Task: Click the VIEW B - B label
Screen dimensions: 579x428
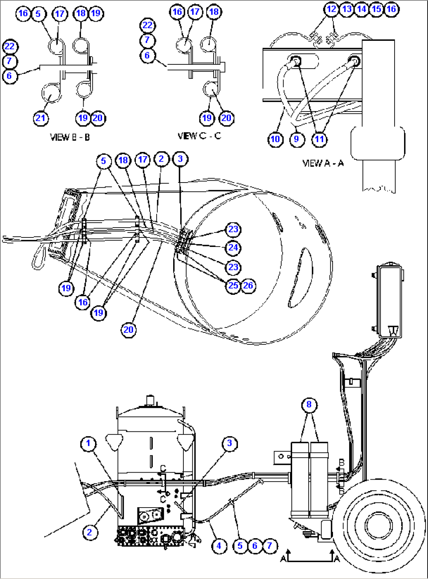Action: point(70,137)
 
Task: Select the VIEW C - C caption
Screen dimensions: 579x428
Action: point(199,136)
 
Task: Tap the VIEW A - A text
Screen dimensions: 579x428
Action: point(323,163)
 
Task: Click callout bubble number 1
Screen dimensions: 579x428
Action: point(88,444)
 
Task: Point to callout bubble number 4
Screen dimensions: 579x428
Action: point(219,546)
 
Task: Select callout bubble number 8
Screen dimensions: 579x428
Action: point(309,404)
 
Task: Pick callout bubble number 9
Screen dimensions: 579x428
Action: point(296,139)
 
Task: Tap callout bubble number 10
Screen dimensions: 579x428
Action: point(276,139)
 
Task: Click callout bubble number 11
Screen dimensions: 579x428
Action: point(320,139)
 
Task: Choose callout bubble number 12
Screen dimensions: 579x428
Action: point(332,9)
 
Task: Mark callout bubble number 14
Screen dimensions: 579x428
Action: point(362,9)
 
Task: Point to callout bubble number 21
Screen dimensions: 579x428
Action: point(40,118)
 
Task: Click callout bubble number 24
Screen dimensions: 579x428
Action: point(233,248)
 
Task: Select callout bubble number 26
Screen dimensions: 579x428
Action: point(248,285)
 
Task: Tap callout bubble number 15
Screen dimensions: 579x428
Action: point(377,9)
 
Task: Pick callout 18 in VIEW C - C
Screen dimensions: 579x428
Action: point(214,12)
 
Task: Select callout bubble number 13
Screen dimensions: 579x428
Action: point(347,9)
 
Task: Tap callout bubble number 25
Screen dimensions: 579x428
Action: point(233,285)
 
